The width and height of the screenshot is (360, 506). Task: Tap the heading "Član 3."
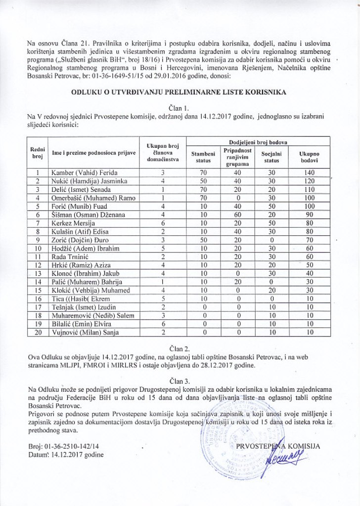tap(180, 380)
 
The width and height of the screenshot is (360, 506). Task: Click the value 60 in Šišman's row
tap(238, 215)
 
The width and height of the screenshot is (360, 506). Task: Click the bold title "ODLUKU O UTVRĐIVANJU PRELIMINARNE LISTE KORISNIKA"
tap(180, 91)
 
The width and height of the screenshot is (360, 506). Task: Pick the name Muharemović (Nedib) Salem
tap(81, 317)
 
